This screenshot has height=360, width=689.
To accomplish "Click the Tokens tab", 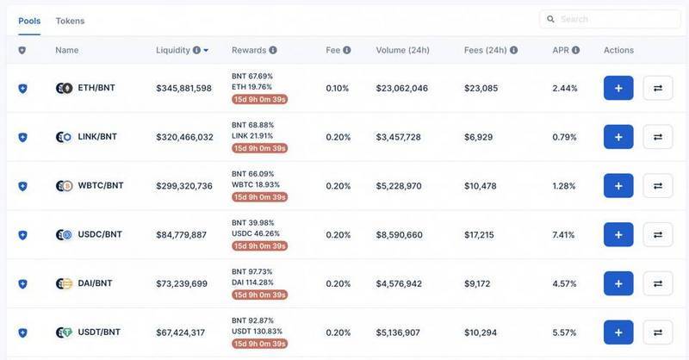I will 70,21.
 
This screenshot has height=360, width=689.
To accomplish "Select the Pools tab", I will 29,21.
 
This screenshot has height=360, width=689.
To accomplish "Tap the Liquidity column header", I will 173,50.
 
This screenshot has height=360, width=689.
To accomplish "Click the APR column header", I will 561,50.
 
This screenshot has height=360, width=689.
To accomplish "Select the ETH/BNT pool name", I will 97,88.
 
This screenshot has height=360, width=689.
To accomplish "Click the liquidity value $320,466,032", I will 184,137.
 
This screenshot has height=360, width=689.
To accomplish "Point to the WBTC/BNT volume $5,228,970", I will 399,186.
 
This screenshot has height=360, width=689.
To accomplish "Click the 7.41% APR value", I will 564,234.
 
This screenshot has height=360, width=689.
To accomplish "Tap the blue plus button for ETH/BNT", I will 618,88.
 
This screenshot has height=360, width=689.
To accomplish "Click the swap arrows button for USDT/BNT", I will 658,332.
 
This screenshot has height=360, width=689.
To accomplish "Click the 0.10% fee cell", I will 338,88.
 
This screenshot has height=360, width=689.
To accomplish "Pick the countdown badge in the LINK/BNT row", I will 259,148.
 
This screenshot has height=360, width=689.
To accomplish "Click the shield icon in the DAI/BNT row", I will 22,283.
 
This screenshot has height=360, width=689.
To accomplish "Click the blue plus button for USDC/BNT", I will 618,234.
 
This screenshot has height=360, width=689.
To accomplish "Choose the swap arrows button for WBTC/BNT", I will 658,186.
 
